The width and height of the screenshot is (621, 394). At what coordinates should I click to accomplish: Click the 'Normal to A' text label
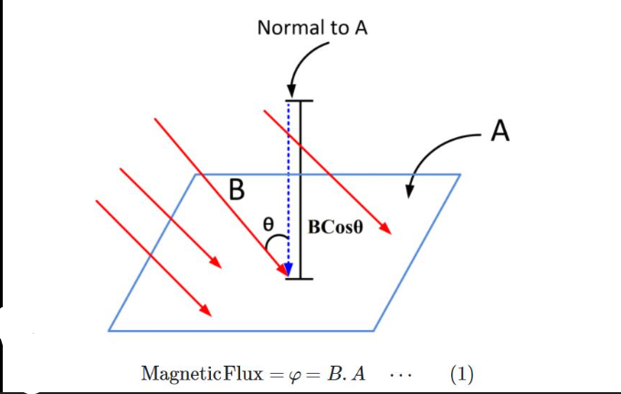[312, 28]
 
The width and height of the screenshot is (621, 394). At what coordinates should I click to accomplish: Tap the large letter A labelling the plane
[500, 133]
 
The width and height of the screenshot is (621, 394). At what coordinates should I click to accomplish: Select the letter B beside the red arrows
[237, 190]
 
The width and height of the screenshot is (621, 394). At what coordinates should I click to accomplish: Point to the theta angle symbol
[268, 223]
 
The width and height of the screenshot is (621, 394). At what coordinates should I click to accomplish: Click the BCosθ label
[335, 227]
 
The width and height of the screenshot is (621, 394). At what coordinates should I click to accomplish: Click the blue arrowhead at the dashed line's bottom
[289, 269]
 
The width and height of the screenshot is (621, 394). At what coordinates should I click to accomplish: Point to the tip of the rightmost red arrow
[390, 233]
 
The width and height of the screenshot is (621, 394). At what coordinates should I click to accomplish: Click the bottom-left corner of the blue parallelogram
[110, 330]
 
